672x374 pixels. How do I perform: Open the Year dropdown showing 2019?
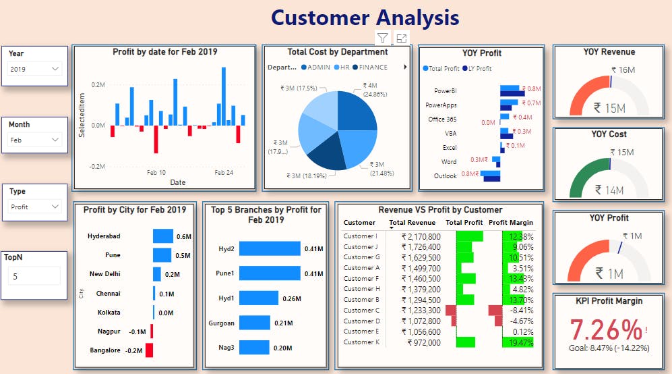click(x=35, y=69)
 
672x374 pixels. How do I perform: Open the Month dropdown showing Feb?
click(x=35, y=140)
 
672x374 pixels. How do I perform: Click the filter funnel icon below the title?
click(x=382, y=38)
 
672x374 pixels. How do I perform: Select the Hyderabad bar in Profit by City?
click(x=163, y=236)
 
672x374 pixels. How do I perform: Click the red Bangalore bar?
click(x=149, y=350)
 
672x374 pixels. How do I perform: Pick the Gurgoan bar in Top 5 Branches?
click(x=254, y=323)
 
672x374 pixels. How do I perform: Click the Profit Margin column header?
click(x=510, y=222)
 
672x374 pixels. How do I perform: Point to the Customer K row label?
click(x=360, y=342)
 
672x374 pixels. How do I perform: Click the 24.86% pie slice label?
click(x=375, y=90)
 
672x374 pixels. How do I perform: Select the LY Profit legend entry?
click(x=478, y=68)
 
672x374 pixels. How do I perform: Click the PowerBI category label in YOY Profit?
click(x=446, y=90)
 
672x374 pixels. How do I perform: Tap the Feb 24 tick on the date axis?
click(x=224, y=173)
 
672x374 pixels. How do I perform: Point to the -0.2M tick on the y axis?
click(x=97, y=166)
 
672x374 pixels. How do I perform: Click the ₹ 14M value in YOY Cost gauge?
click(x=609, y=190)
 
